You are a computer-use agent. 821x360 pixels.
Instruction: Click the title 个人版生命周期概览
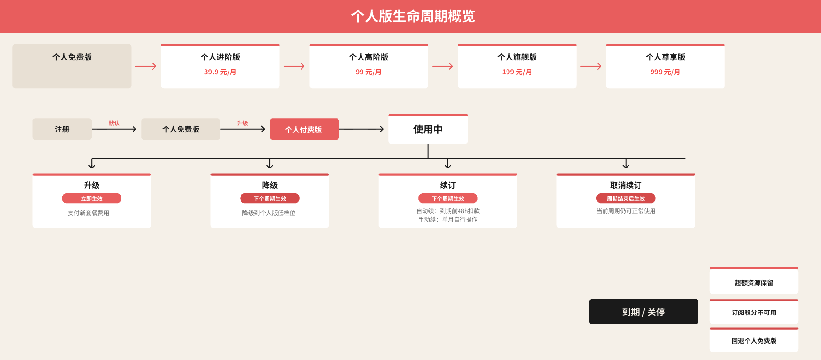413,16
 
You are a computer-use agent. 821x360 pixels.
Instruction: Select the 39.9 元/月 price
220,72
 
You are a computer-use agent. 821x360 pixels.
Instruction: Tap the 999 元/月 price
665,72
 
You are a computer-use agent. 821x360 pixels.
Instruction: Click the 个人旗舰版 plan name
517,57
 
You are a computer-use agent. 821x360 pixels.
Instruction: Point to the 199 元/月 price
517,72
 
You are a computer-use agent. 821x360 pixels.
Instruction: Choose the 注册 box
62,129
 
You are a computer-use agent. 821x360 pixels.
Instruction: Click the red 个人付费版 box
304,129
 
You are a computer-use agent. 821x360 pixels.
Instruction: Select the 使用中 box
428,129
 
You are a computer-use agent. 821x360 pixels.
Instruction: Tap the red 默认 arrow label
114,123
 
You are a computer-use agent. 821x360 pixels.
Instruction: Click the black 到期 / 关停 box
643,312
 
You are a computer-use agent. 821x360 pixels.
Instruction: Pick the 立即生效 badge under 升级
92,198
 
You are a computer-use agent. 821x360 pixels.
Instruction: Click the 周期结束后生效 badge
626,198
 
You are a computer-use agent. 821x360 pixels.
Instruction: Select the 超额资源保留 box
754,281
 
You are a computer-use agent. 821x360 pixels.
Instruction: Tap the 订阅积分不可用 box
754,312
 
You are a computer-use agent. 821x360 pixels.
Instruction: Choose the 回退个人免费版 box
754,340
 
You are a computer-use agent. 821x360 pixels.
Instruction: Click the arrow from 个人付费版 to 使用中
362,129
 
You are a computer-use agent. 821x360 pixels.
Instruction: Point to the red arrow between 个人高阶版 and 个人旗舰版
443,66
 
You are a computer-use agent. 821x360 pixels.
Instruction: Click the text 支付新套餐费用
88,213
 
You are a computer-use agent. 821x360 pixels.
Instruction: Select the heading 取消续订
626,185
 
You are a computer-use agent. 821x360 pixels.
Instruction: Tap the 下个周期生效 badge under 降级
270,198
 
